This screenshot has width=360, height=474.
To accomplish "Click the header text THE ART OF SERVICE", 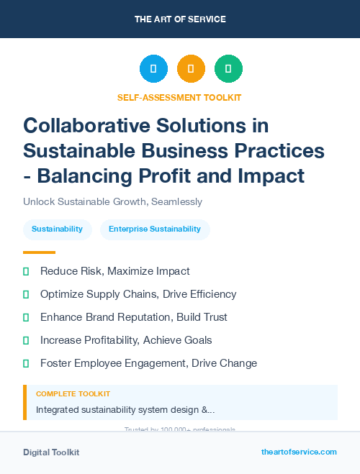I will click(180, 19).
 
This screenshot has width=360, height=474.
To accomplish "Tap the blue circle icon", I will click(153, 69).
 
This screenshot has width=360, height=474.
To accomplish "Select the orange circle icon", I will click(191, 69).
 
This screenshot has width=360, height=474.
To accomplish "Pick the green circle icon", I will click(228, 69).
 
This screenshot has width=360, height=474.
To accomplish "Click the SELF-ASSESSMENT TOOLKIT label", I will click(179, 97).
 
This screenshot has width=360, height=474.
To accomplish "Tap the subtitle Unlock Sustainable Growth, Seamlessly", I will click(112, 202).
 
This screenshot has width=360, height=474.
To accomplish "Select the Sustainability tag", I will click(58, 229).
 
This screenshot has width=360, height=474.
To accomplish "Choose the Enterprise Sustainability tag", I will click(155, 229).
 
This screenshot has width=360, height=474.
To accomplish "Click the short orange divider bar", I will click(39, 252).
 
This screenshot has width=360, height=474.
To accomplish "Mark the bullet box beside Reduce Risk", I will click(26, 271).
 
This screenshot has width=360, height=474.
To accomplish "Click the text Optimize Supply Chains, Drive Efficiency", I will click(138, 294).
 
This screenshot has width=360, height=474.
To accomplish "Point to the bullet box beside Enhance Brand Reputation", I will click(26, 317).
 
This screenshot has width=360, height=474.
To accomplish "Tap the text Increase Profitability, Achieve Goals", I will click(126, 340).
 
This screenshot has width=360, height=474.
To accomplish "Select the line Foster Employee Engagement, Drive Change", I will click(148, 363).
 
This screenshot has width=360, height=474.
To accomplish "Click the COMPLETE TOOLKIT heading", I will click(73, 394).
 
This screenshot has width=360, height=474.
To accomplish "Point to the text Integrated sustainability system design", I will click(125, 410).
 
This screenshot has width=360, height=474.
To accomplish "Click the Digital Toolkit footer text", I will click(51, 452).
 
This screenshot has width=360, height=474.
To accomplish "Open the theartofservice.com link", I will click(299, 452).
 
